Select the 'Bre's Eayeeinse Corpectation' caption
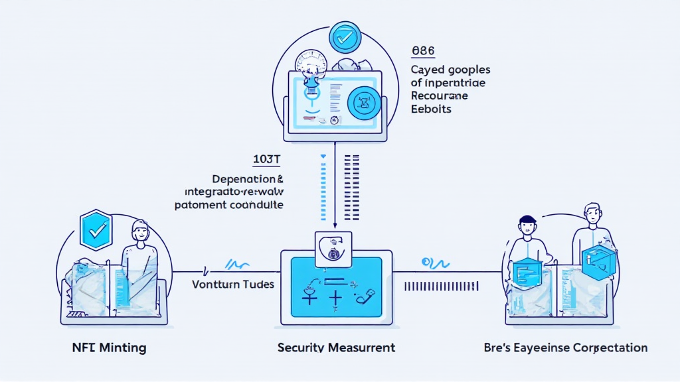point(566,348)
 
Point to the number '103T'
point(267,160)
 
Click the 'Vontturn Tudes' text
point(233,284)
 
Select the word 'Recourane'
point(439,96)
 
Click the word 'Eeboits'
point(431,109)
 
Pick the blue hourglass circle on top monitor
point(363,102)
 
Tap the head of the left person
point(141,233)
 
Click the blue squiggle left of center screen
point(237,265)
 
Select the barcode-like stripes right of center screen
point(440,286)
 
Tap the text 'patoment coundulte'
point(229,205)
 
